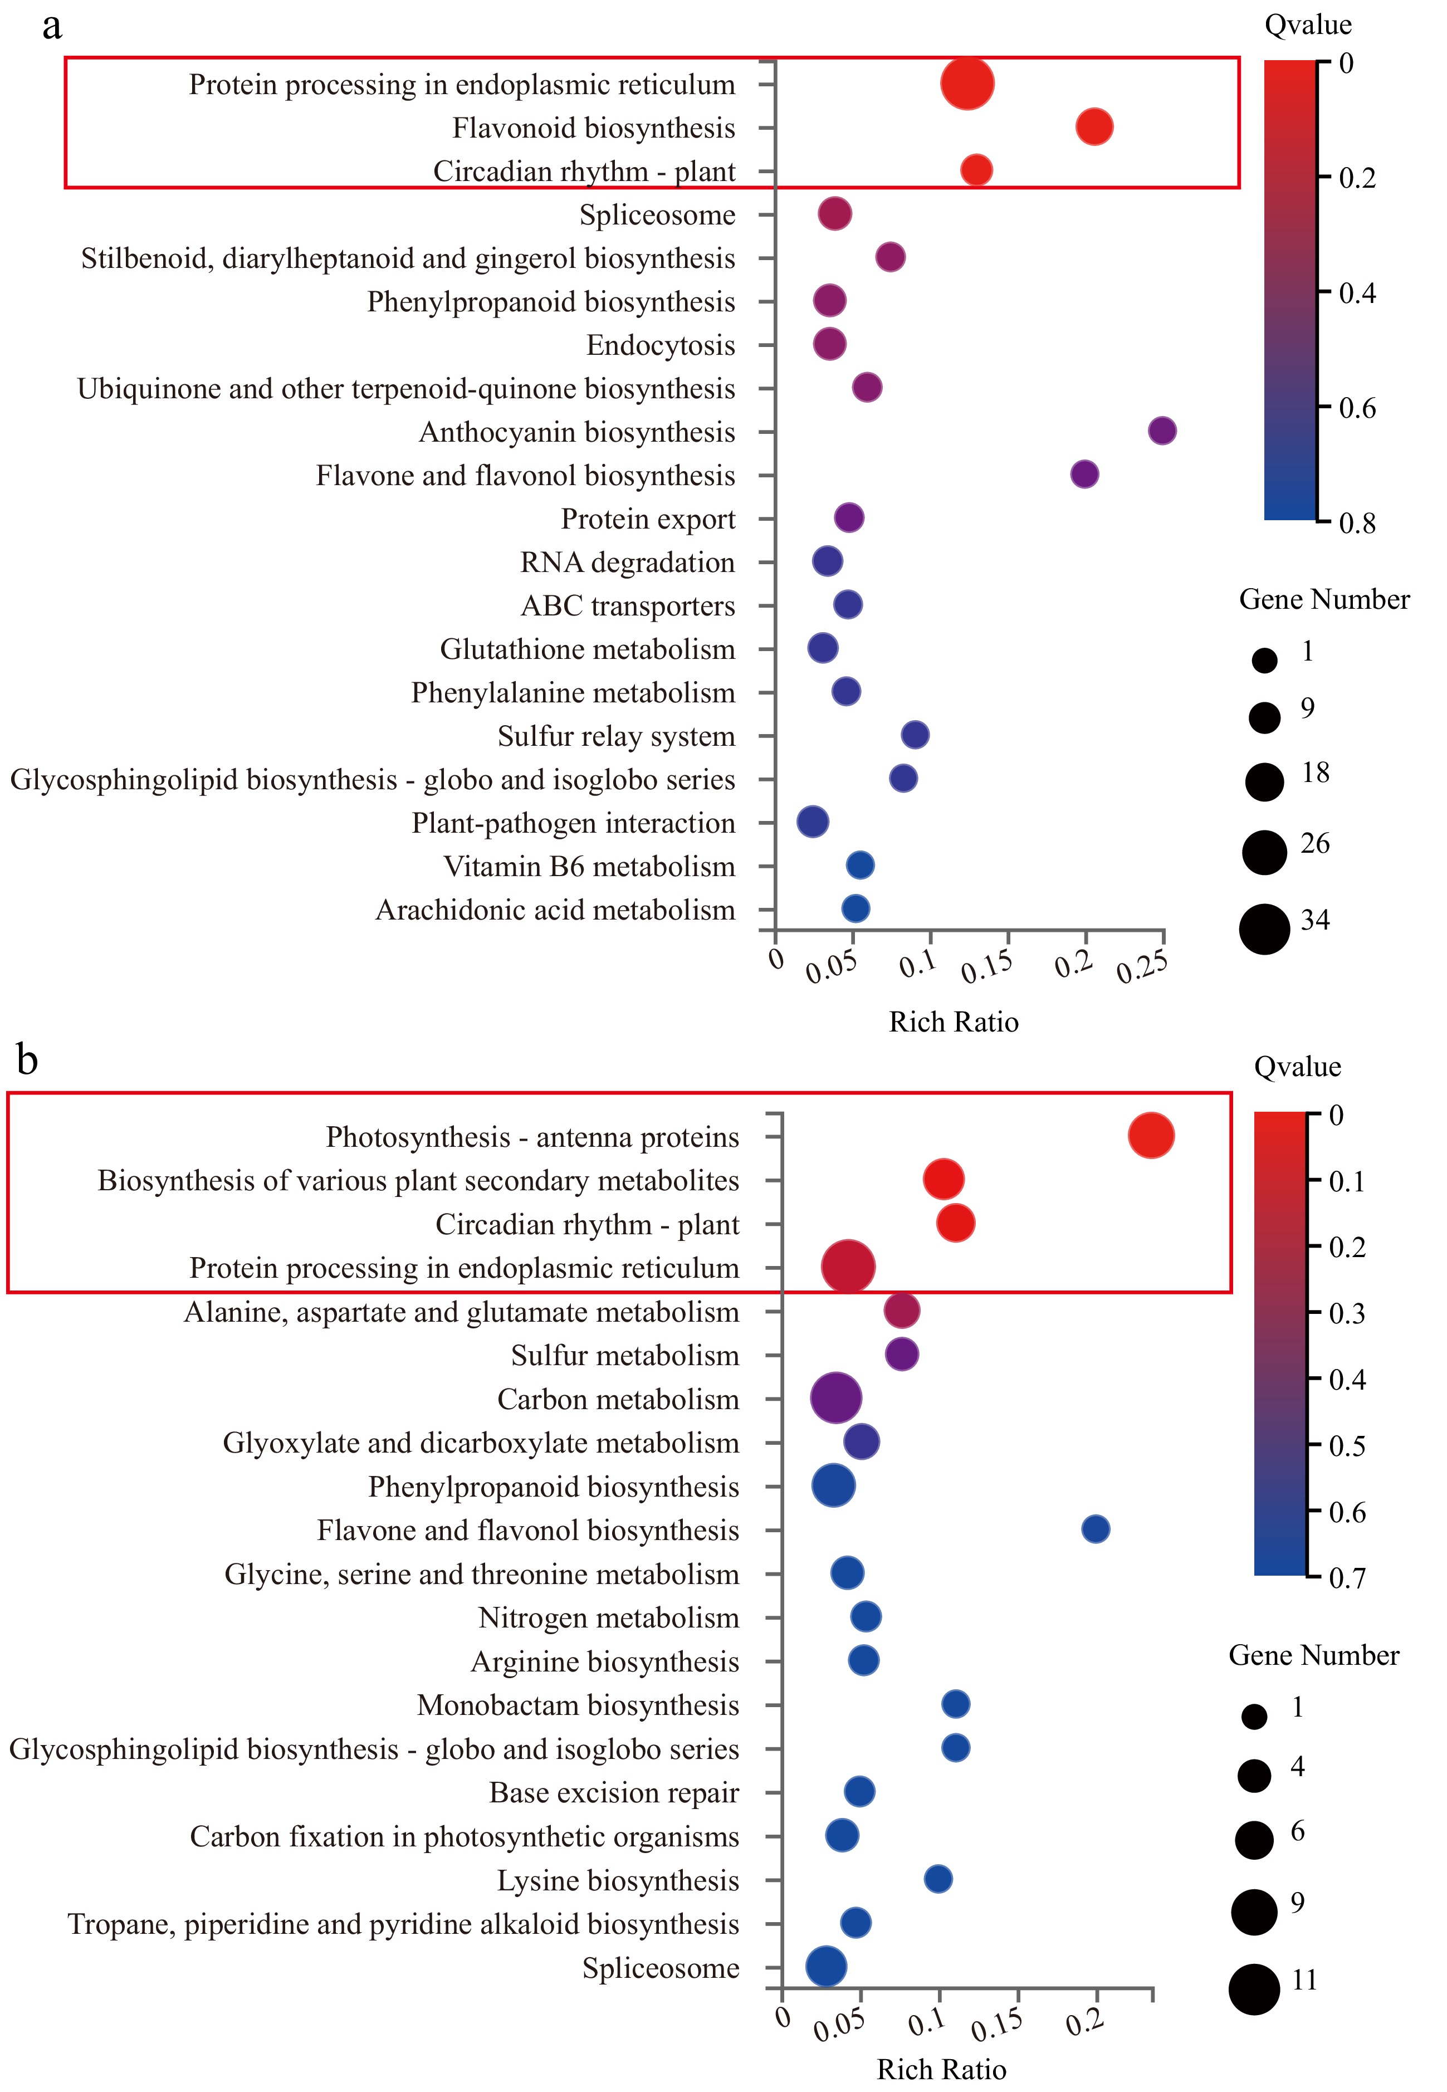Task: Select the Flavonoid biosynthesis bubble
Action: pos(1094,127)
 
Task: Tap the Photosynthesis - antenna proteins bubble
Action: pos(1151,1136)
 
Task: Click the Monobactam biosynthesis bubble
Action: pos(956,1704)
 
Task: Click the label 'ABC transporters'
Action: pos(627,605)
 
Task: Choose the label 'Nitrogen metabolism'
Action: pos(608,1618)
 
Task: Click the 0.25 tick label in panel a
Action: pos(1141,968)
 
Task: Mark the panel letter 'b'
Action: pos(27,1059)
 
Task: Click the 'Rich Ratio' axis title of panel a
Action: pos(953,1021)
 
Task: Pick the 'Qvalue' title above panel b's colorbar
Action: pos(1297,1066)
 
